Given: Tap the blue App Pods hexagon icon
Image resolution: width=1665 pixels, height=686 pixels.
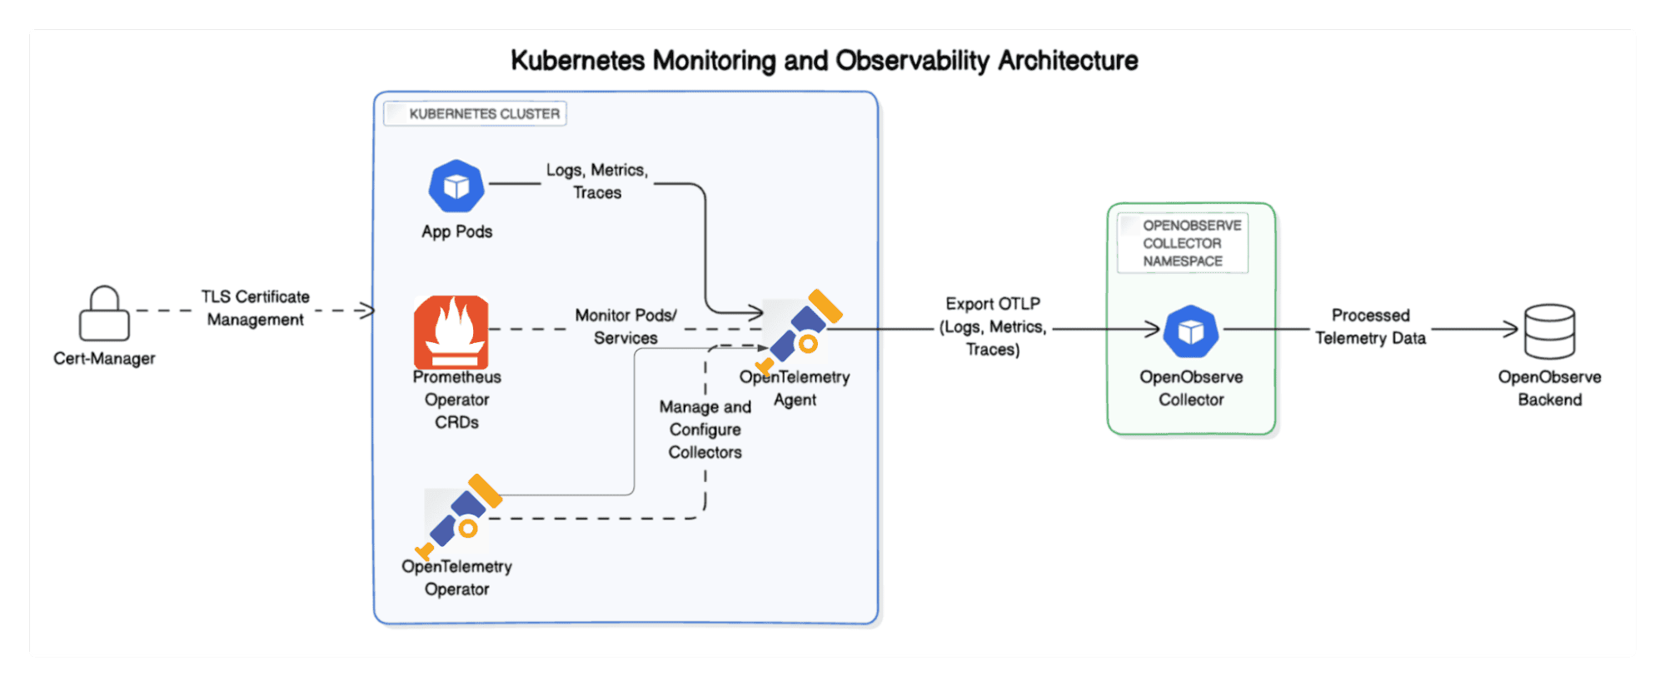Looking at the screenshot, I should coord(456,186).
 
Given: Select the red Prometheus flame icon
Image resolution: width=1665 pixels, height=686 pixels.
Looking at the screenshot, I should coord(451,331).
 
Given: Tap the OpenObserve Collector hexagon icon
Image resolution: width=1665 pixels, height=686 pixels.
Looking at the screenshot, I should coord(1190,331).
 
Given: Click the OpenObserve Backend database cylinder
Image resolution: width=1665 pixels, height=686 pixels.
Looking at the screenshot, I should coord(1548,331).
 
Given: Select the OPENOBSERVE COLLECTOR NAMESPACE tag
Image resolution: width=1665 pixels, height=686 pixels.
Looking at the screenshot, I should coord(1183,243).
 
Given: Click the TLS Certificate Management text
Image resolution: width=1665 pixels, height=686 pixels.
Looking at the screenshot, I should coord(255,308).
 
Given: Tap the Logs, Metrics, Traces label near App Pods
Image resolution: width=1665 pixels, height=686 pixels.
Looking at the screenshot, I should coord(597,181).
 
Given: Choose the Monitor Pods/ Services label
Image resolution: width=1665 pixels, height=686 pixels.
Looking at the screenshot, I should coord(626,326).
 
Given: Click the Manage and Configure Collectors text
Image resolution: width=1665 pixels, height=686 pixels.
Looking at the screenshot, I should coord(705,430).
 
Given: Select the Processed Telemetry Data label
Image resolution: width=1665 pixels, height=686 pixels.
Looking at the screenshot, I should coord(1370,326).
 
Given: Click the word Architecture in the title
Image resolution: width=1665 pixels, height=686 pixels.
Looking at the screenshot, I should coord(1068,61).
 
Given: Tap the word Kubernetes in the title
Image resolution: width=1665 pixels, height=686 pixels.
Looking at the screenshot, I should coord(577,61).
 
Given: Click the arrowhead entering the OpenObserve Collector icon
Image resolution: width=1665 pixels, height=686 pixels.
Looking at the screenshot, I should coord(1153,330).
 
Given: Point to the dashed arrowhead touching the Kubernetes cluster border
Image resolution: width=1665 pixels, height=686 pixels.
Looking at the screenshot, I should coord(366,311).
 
